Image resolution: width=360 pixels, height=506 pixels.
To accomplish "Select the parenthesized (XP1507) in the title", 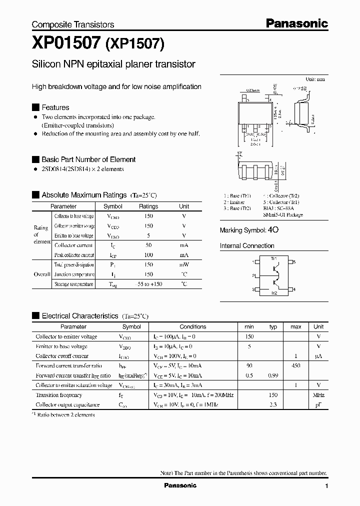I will (134, 44).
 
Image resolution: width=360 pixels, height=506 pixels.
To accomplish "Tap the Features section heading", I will (55, 107).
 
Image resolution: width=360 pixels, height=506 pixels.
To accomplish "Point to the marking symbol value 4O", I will (273, 230).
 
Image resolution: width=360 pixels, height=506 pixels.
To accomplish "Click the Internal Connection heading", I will (247, 246).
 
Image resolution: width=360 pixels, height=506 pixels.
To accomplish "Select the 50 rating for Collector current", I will (148, 245).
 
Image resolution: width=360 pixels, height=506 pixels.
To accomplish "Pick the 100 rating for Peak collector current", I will (148, 255).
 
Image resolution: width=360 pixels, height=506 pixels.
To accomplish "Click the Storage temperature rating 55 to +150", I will (148, 284).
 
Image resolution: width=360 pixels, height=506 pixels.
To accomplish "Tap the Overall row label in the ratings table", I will (42, 274).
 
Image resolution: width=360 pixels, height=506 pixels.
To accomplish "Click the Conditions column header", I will (192, 326).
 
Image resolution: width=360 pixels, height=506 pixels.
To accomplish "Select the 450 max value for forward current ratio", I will (295, 366).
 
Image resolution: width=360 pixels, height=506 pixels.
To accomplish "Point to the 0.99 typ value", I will (272, 375).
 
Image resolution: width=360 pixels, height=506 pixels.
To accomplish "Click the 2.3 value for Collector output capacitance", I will (273, 404).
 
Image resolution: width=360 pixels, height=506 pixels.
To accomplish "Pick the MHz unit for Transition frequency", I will (318, 395).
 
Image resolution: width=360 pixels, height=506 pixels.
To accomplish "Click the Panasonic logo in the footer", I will (180, 485).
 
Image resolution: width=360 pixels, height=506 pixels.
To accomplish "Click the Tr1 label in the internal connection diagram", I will (273, 259).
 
